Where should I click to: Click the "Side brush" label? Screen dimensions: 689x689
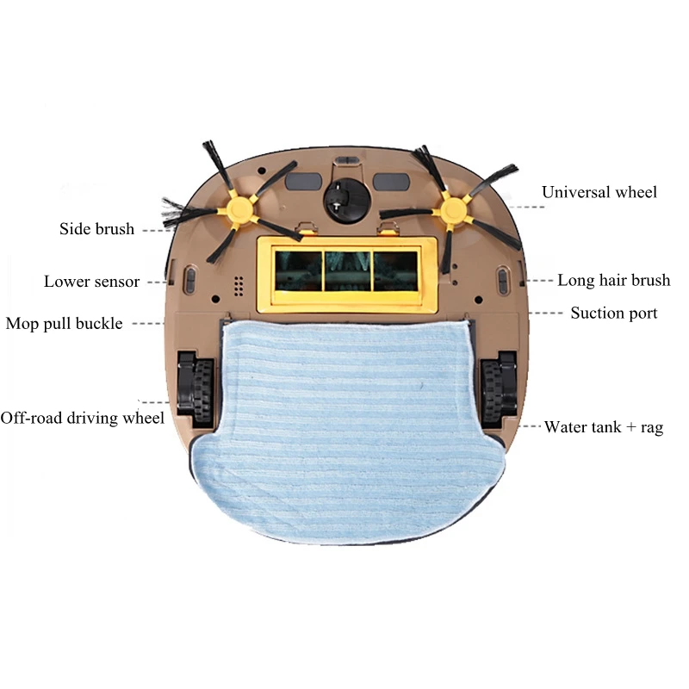[97, 229]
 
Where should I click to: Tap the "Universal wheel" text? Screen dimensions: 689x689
[599, 191]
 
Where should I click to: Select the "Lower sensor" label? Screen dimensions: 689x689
[92, 282]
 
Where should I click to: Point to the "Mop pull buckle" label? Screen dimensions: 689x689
[65, 324]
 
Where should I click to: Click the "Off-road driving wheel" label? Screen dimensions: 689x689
[83, 418]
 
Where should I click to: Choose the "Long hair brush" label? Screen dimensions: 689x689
[613, 280]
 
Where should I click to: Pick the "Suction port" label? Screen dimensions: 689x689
[613, 313]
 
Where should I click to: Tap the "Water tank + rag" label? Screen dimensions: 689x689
[603, 426]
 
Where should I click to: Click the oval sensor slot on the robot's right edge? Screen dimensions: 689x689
[502, 281]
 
